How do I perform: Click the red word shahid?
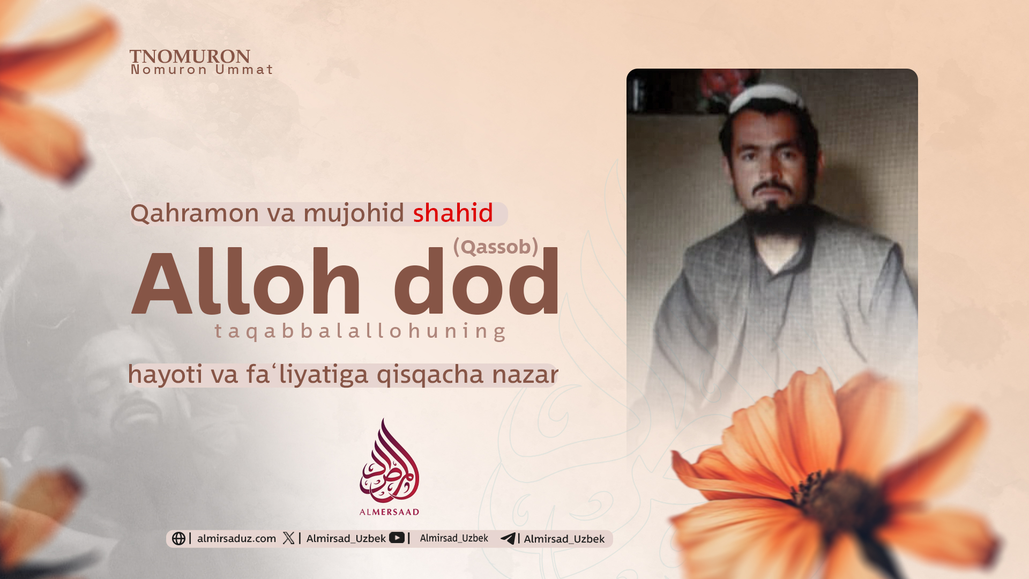point(453,213)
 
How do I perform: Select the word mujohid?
point(354,213)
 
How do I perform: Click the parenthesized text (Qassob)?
point(496,247)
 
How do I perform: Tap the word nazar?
point(525,375)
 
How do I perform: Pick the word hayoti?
point(166,375)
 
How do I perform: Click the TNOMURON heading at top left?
point(190,56)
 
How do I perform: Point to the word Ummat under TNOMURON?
point(244,70)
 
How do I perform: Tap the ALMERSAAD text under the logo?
point(389,512)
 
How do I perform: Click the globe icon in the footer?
point(178,538)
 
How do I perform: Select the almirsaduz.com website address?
point(236,538)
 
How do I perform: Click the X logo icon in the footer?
point(289,538)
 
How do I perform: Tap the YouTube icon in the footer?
point(397,537)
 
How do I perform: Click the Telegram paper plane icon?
point(508,538)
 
